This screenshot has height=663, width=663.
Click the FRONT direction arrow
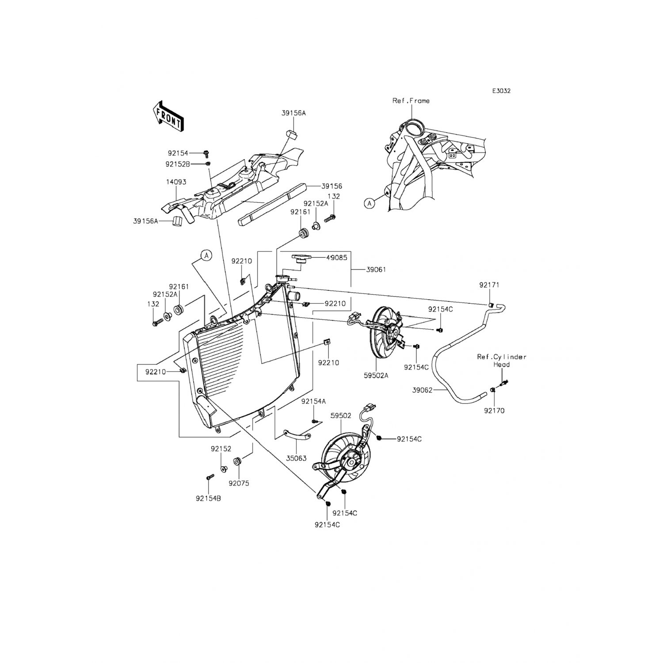168,116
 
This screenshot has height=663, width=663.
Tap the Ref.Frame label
411,101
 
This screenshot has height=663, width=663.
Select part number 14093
176,182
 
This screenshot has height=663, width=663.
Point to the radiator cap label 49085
336,258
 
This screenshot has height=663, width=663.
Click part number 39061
376,270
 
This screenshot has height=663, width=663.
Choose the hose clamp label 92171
489,285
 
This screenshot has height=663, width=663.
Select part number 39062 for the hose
423,390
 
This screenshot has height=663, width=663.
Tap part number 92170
494,411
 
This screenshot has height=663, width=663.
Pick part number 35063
296,458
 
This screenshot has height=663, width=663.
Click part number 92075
239,484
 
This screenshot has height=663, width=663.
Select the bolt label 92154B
208,499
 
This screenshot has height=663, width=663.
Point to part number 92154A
313,401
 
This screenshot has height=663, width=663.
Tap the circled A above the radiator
206,255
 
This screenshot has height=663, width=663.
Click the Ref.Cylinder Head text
502,361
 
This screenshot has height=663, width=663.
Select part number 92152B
178,164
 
